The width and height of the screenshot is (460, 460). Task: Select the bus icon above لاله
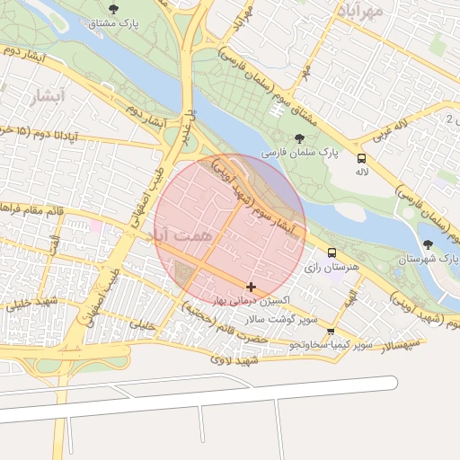[x=361, y=155]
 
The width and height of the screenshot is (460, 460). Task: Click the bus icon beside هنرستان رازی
[x=332, y=252]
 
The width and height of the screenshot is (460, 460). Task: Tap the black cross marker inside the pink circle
[x=251, y=287]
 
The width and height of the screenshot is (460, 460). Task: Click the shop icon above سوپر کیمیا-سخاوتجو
[x=332, y=332]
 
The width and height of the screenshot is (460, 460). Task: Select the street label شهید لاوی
[x=234, y=360]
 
